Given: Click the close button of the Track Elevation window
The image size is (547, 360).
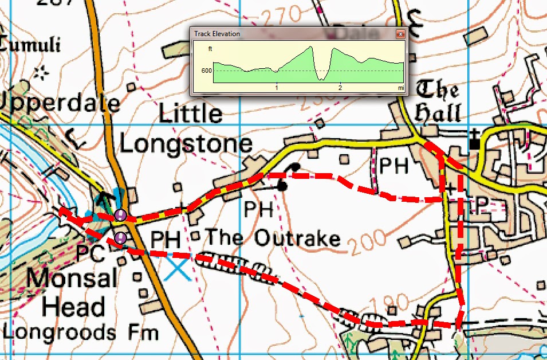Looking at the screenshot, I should (x=400, y=34).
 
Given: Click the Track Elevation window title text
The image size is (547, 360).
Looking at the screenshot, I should (x=217, y=34).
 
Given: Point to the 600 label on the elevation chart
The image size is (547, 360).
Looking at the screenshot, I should (x=206, y=71).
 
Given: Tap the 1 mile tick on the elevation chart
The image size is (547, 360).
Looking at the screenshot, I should (x=277, y=88).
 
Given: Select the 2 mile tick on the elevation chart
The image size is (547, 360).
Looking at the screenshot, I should (x=340, y=88).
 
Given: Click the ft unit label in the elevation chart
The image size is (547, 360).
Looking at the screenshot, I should (x=210, y=49).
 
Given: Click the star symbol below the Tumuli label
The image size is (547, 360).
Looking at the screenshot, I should (x=40, y=73).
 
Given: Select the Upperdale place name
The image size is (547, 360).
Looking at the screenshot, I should (x=60, y=103).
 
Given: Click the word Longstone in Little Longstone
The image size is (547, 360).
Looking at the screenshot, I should (x=186, y=144).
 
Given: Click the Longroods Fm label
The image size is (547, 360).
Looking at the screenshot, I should (x=80, y=332).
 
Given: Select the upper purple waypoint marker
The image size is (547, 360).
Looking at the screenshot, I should (x=120, y=215).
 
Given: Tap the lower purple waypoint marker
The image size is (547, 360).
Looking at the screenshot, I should (x=120, y=238).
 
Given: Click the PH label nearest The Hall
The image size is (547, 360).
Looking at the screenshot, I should (x=395, y=166).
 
